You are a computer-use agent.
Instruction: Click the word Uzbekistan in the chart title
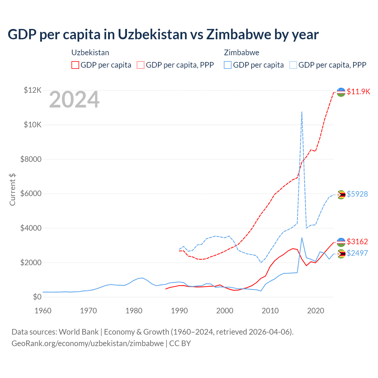(x=152, y=35)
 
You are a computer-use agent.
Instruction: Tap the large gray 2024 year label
(x=74, y=100)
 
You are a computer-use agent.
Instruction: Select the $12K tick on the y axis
(x=32, y=90)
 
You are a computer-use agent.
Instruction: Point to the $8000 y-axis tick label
(x=31, y=159)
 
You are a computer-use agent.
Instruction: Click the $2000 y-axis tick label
(x=31, y=263)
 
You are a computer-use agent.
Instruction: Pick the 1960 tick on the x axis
(x=43, y=311)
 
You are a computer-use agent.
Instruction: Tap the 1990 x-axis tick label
(x=179, y=311)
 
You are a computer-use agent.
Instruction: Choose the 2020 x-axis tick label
(x=316, y=311)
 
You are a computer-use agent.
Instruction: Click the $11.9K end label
(x=358, y=92)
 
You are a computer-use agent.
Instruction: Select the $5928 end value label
(x=357, y=194)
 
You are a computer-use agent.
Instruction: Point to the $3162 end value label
(x=357, y=242)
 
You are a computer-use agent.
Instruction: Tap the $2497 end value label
(x=357, y=253)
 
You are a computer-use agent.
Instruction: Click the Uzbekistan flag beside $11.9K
(x=341, y=92)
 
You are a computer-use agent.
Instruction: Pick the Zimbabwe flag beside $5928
(x=341, y=195)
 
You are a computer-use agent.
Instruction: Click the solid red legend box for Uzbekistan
(x=75, y=65)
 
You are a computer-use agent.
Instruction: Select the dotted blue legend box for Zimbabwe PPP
(x=293, y=65)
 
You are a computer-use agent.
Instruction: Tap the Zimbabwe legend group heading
(x=242, y=53)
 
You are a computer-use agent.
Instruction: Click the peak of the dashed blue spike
(x=302, y=112)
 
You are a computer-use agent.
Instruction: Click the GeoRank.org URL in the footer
(x=88, y=343)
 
